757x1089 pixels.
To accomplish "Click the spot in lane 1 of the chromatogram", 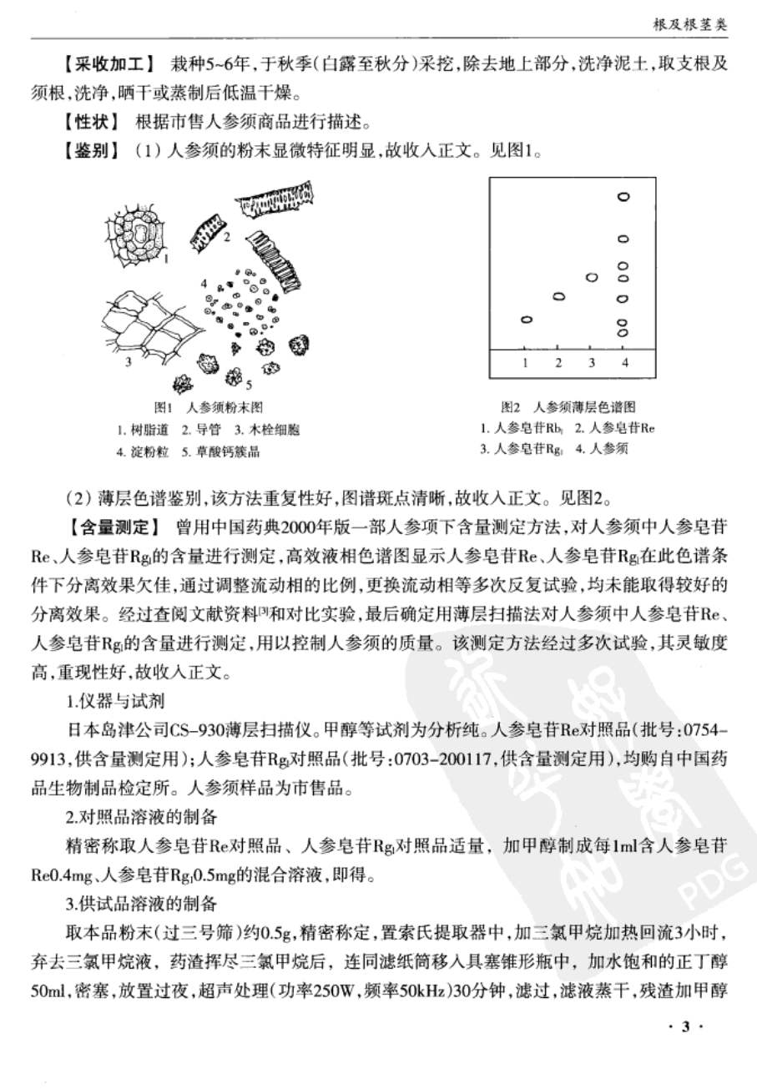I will pyautogui.click(x=526, y=320).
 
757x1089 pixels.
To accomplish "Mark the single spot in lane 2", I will pyautogui.click(x=559, y=295).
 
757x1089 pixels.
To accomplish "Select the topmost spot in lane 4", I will pyautogui.click(x=623, y=197).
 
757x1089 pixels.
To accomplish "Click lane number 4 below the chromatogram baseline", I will pyautogui.click(x=624, y=363).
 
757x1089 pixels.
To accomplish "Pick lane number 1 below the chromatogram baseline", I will pyautogui.click(x=525, y=363).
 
